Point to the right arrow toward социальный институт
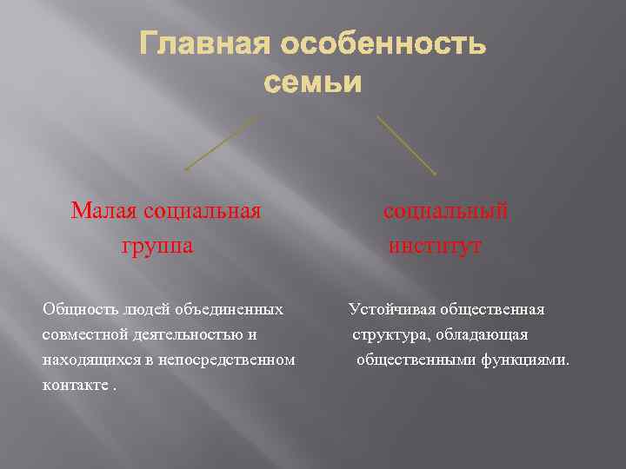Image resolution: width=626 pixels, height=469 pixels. pos(406,144)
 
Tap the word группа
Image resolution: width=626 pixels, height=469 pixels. pos(157,246)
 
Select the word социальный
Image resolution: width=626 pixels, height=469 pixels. pos(446,210)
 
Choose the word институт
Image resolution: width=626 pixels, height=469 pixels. pos(436,246)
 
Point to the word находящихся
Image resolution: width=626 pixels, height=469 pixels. pos(85,360)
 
